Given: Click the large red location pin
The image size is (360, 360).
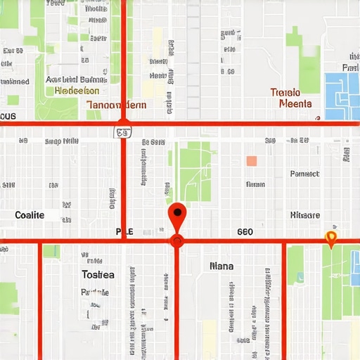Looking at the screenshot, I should pos(177,212).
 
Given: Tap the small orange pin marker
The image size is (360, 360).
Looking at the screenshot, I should pos(331,238).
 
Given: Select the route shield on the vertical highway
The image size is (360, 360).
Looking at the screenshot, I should pos(123,131).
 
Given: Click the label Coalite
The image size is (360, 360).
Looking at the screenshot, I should pos(30,214).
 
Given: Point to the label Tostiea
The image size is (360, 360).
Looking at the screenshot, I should pos(98,274).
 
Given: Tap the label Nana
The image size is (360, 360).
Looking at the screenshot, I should pos(221,266).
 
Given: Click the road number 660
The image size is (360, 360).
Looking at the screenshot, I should pos(245,231).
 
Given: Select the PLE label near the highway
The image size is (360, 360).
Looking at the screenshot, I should pos(124,231).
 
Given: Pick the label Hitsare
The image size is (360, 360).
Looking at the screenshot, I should pos(305,214).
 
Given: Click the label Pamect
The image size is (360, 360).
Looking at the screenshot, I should pos(304,173).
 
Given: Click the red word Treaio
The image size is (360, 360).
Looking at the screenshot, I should pos(285,92).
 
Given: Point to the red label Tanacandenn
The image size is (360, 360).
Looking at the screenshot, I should pos(117,105).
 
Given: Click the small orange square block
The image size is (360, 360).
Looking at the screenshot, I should pos(252,161).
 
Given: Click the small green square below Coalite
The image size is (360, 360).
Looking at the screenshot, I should pos(51,251).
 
